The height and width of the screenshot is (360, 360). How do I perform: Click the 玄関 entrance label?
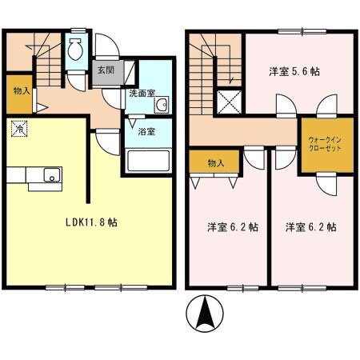pyautogui.click(x=106, y=70)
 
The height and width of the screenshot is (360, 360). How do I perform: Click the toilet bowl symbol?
pyautogui.click(x=74, y=51)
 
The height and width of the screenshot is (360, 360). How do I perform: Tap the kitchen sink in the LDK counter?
pyautogui.click(x=49, y=174)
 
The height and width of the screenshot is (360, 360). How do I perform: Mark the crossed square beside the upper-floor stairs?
pyautogui.click(x=231, y=102)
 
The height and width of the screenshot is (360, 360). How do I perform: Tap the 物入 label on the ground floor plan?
pyautogui.click(x=21, y=90)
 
